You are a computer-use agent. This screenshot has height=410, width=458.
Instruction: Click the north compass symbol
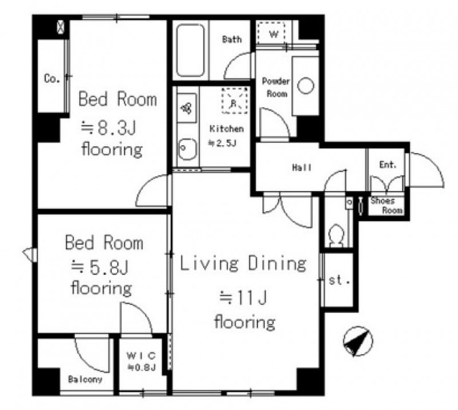358,341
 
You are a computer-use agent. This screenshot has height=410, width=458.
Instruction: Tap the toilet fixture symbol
336,236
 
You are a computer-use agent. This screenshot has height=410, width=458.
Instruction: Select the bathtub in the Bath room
191,50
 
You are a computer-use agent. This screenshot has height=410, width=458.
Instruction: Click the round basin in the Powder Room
306,86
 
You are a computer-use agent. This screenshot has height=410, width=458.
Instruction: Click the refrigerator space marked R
234,101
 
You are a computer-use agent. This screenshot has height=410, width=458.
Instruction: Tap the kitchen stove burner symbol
186,108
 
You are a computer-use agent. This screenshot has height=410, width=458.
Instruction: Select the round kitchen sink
187,148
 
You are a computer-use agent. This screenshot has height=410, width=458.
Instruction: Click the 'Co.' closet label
52,78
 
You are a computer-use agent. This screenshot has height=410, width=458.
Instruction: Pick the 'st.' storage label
339,281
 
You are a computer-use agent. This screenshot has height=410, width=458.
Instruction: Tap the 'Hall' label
302,167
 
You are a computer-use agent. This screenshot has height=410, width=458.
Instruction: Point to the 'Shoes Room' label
386,206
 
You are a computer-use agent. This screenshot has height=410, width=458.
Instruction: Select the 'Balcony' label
85,379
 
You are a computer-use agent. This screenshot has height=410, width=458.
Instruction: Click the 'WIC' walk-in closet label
141,356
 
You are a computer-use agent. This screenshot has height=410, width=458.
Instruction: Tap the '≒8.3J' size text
108,128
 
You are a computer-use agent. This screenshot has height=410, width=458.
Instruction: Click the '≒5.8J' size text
100,267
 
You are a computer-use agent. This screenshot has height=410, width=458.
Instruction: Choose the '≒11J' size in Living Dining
243,298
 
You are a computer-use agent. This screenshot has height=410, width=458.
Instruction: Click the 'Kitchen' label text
227,129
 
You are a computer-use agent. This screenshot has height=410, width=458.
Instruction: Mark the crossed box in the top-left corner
61,27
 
